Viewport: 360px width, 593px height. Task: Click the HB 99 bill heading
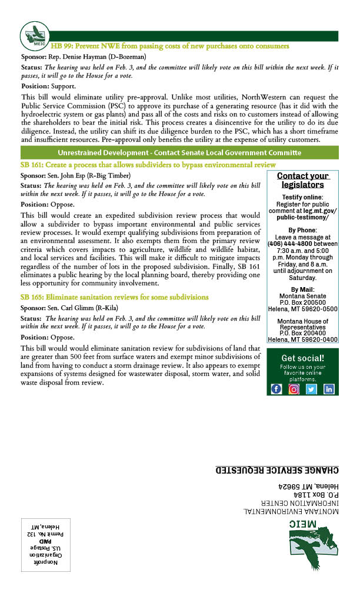click(x=170, y=46)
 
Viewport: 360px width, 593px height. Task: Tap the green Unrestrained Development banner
click(x=179, y=152)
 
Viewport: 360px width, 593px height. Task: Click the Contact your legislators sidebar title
click(x=303, y=181)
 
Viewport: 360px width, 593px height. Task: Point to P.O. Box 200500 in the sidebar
click(x=302, y=302)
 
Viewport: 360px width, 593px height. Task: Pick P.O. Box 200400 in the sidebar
click(x=302, y=333)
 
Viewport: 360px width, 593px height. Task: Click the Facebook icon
click(x=276, y=389)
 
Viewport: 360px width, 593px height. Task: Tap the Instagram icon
click(x=294, y=389)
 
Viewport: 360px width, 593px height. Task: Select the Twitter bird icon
click(x=311, y=389)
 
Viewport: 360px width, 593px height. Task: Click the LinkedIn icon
click(x=329, y=389)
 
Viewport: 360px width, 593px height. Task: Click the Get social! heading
click(x=302, y=358)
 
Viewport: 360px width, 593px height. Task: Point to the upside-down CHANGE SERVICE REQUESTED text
click(x=277, y=469)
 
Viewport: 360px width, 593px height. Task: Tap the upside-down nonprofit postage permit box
click(x=45, y=545)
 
